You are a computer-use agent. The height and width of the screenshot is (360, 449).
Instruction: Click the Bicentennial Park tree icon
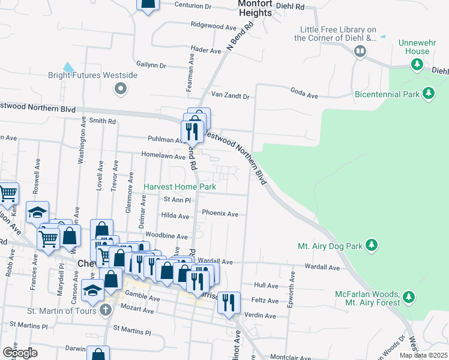pyautogui.click(x=428, y=93)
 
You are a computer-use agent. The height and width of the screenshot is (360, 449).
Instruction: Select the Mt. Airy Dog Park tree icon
pyautogui.click(x=372, y=245)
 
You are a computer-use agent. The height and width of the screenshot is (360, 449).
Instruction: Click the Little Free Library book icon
pyautogui.click(x=360, y=52)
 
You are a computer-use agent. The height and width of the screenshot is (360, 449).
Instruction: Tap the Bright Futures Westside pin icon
pyautogui.click(x=121, y=89)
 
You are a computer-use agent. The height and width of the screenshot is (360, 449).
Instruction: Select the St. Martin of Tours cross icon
pyautogui.click(x=106, y=310)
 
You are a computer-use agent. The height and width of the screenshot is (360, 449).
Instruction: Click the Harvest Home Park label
pyautogui.click(x=179, y=187)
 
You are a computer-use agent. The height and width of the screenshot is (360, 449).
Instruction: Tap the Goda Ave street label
pyautogui.click(x=304, y=95)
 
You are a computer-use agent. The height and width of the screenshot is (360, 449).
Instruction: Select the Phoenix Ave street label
pyautogui.click(x=220, y=214)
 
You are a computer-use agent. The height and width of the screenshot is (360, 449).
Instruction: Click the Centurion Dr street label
pyautogui.click(x=193, y=6)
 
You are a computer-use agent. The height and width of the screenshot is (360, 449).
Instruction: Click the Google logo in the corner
pyautogui.click(x=20, y=352)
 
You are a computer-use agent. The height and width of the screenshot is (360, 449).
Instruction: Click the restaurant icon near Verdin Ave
pyautogui.click(x=228, y=303)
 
